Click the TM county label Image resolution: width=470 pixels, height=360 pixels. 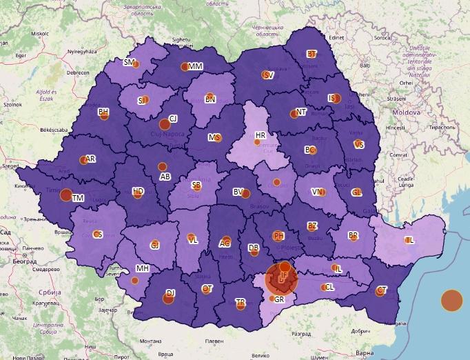(78, 198)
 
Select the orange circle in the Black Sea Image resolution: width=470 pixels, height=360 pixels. (451, 301)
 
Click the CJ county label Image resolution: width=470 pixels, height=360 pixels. (173, 119)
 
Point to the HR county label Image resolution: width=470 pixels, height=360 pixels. (260, 135)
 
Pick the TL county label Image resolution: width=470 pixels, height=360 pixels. (409, 240)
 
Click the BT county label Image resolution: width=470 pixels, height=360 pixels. (311, 54)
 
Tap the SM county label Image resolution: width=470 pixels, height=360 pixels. (128, 62)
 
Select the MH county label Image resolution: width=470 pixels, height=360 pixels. (142, 268)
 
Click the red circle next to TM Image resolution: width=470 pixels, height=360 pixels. (65, 195)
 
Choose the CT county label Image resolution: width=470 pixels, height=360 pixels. (382, 289)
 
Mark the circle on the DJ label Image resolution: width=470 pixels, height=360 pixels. (169, 298)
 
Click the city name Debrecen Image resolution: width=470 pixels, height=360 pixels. (78, 72)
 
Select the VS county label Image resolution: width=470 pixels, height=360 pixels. (359, 144)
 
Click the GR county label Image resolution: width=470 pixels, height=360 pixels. (279, 299)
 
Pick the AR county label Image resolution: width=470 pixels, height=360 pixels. (90, 158)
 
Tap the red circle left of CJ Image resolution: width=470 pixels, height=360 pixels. (164, 124)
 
